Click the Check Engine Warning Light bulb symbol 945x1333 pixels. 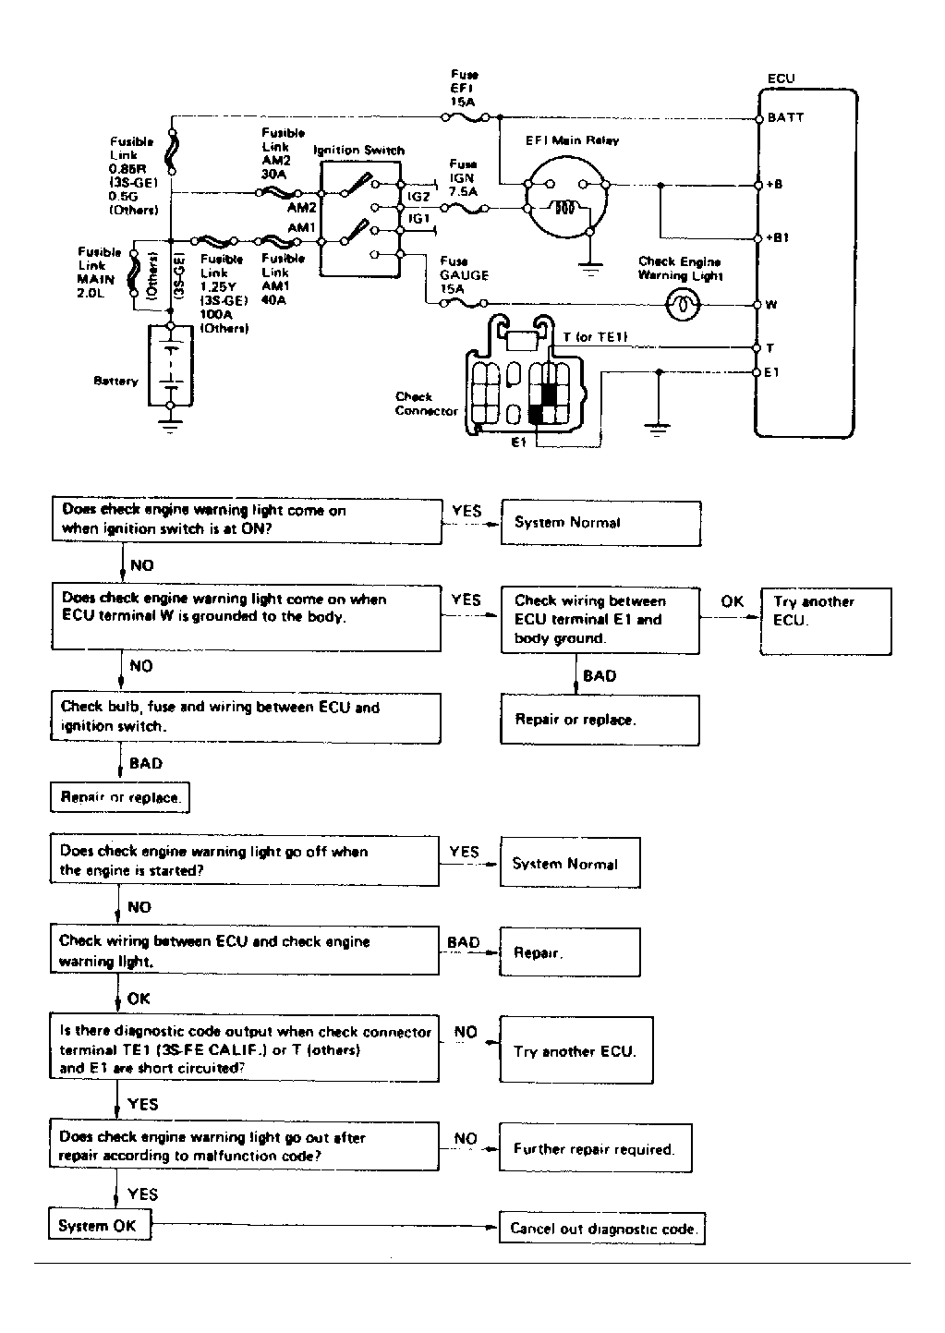[x=683, y=304]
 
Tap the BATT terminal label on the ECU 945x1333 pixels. [x=786, y=117]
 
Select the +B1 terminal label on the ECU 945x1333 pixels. [x=779, y=237]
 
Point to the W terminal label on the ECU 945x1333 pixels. [x=771, y=304]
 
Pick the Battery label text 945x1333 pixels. [x=115, y=381]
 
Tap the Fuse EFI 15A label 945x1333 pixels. [x=464, y=89]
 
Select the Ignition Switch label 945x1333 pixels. [x=358, y=150]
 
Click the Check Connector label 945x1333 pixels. [x=426, y=404]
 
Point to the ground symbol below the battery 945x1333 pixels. [x=171, y=426]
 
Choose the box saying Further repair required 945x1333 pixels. [x=595, y=1149]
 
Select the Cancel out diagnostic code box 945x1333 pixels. [x=602, y=1229]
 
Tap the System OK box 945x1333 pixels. [x=98, y=1226]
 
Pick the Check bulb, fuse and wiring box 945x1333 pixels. [x=245, y=717]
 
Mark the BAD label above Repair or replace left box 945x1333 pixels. [x=146, y=763]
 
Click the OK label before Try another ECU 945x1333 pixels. [x=733, y=601]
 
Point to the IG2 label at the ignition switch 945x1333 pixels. [x=419, y=197]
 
